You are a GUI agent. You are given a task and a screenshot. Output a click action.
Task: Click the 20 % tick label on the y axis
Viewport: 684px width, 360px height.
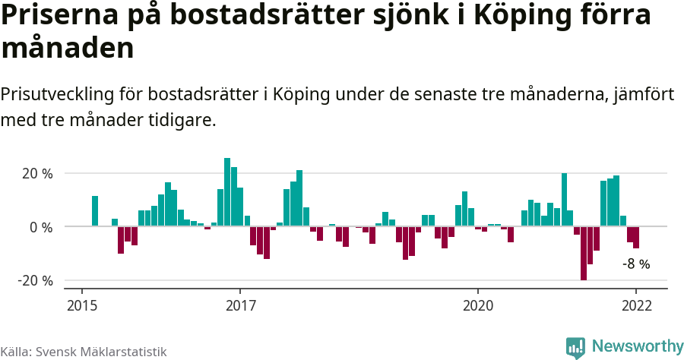[x=37, y=174]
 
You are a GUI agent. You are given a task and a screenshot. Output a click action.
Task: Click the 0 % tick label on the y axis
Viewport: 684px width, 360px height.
[x=42, y=227]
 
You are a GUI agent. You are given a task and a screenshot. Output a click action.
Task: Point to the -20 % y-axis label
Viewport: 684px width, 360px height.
[x=36, y=280]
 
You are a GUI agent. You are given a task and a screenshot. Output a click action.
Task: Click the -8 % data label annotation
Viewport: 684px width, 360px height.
[x=636, y=264]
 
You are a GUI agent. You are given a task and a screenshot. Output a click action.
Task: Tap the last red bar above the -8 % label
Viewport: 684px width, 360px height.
[x=636, y=237]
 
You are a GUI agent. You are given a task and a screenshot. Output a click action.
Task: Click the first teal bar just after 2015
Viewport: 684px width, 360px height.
[x=95, y=210]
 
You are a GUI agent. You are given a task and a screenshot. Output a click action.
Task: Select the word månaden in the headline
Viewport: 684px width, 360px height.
[x=68, y=49]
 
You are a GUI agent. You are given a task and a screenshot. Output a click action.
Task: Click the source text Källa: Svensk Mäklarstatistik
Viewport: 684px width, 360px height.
[x=84, y=352]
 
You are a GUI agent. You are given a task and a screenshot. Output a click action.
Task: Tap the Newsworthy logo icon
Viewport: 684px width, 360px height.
[x=575, y=348]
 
